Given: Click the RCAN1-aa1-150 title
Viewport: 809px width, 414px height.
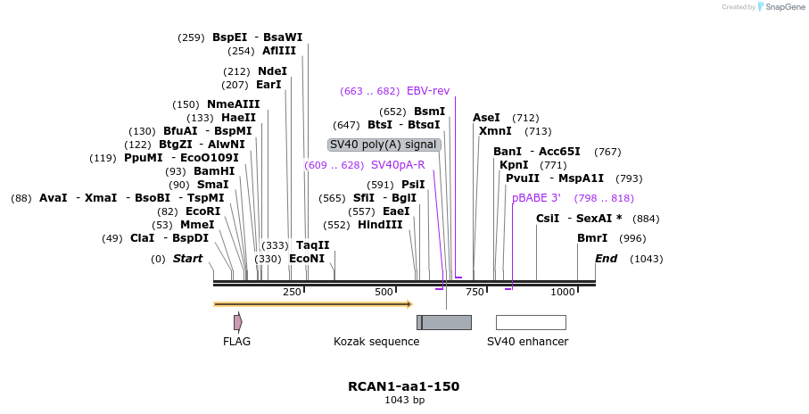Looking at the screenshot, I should (403, 386).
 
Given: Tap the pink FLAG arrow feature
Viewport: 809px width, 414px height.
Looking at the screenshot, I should (237, 322).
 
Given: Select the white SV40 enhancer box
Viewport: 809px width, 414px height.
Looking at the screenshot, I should (531, 322).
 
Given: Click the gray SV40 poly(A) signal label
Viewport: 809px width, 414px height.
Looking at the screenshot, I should (384, 145).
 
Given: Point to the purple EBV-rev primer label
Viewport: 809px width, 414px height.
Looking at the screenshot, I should (428, 91).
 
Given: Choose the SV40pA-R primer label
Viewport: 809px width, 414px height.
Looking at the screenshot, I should (398, 165).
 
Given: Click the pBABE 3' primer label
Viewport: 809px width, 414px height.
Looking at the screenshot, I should (536, 198).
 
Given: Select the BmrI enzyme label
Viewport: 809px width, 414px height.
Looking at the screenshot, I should (592, 238).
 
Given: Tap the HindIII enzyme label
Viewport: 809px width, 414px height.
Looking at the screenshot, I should (380, 225).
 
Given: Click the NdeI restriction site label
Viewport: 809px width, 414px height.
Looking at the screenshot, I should (272, 71).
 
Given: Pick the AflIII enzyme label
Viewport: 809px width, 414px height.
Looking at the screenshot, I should (278, 51).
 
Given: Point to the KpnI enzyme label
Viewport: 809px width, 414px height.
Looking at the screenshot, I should (513, 165).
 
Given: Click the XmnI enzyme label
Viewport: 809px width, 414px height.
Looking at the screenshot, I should (495, 131).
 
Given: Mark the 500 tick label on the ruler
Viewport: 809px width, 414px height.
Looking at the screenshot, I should (384, 292).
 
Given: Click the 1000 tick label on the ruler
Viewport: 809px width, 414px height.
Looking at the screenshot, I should (563, 292).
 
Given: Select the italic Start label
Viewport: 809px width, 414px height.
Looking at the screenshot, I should (187, 259).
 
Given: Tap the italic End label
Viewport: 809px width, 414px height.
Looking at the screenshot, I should (606, 259).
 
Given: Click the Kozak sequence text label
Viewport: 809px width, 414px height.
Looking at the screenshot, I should (376, 342).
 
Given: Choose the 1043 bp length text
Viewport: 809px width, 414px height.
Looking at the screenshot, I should (403, 401).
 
